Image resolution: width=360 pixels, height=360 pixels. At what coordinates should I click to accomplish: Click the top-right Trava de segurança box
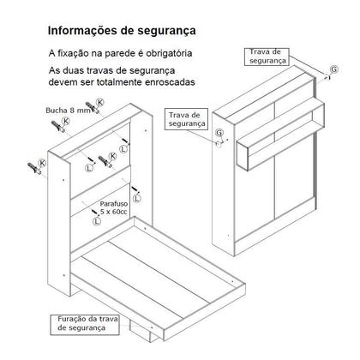tap(267, 57)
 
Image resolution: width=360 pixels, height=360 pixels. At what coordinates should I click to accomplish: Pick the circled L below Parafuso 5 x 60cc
tap(96, 220)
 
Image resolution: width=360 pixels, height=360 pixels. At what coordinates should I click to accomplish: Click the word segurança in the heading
tap(161, 31)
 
